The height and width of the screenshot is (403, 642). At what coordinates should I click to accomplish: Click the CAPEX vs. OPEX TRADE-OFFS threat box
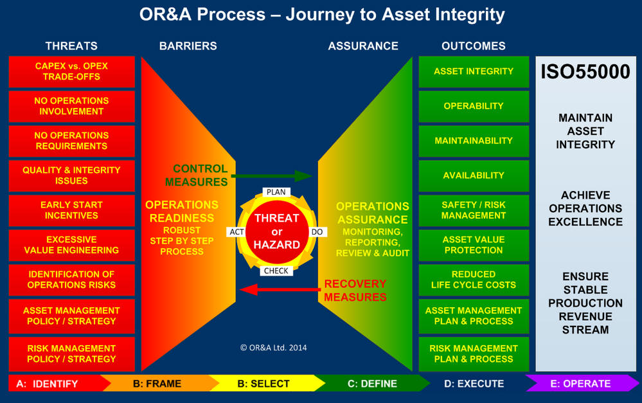pyautogui.click(x=71, y=71)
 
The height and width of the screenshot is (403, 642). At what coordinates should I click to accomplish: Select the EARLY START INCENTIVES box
pyautogui.click(x=71, y=210)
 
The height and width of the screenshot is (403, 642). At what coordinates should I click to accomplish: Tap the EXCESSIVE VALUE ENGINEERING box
pyautogui.click(x=71, y=245)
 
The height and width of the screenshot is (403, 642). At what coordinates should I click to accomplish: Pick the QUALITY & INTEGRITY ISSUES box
pyautogui.click(x=71, y=175)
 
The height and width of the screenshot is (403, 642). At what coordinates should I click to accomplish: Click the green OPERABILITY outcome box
pyautogui.click(x=474, y=106)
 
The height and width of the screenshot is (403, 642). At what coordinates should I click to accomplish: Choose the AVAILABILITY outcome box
pyautogui.click(x=474, y=175)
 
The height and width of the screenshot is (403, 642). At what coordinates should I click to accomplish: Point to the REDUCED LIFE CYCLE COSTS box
pyautogui.click(x=474, y=280)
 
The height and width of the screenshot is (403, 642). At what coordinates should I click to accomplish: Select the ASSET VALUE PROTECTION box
pyautogui.click(x=474, y=245)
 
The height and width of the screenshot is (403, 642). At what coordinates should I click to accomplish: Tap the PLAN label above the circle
pyautogui.click(x=276, y=192)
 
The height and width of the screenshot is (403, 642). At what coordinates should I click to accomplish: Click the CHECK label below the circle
pyautogui.click(x=276, y=271)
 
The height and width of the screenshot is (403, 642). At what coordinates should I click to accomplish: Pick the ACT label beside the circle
pyautogui.click(x=236, y=231)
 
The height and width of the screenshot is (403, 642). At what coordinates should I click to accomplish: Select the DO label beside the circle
pyautogui.click(x=316, y=231)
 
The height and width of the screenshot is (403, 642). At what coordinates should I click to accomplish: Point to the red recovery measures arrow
pyautogui.click(x=279, y=290)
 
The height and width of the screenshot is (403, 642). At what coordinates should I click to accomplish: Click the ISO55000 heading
pyautogui.click(x=585, y=72)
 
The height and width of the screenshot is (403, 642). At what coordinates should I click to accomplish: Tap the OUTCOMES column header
pyautogui.click(x=474, y=46)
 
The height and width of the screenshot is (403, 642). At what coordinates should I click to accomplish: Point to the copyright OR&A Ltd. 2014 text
pyautogui.click(x=273, y=348)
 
